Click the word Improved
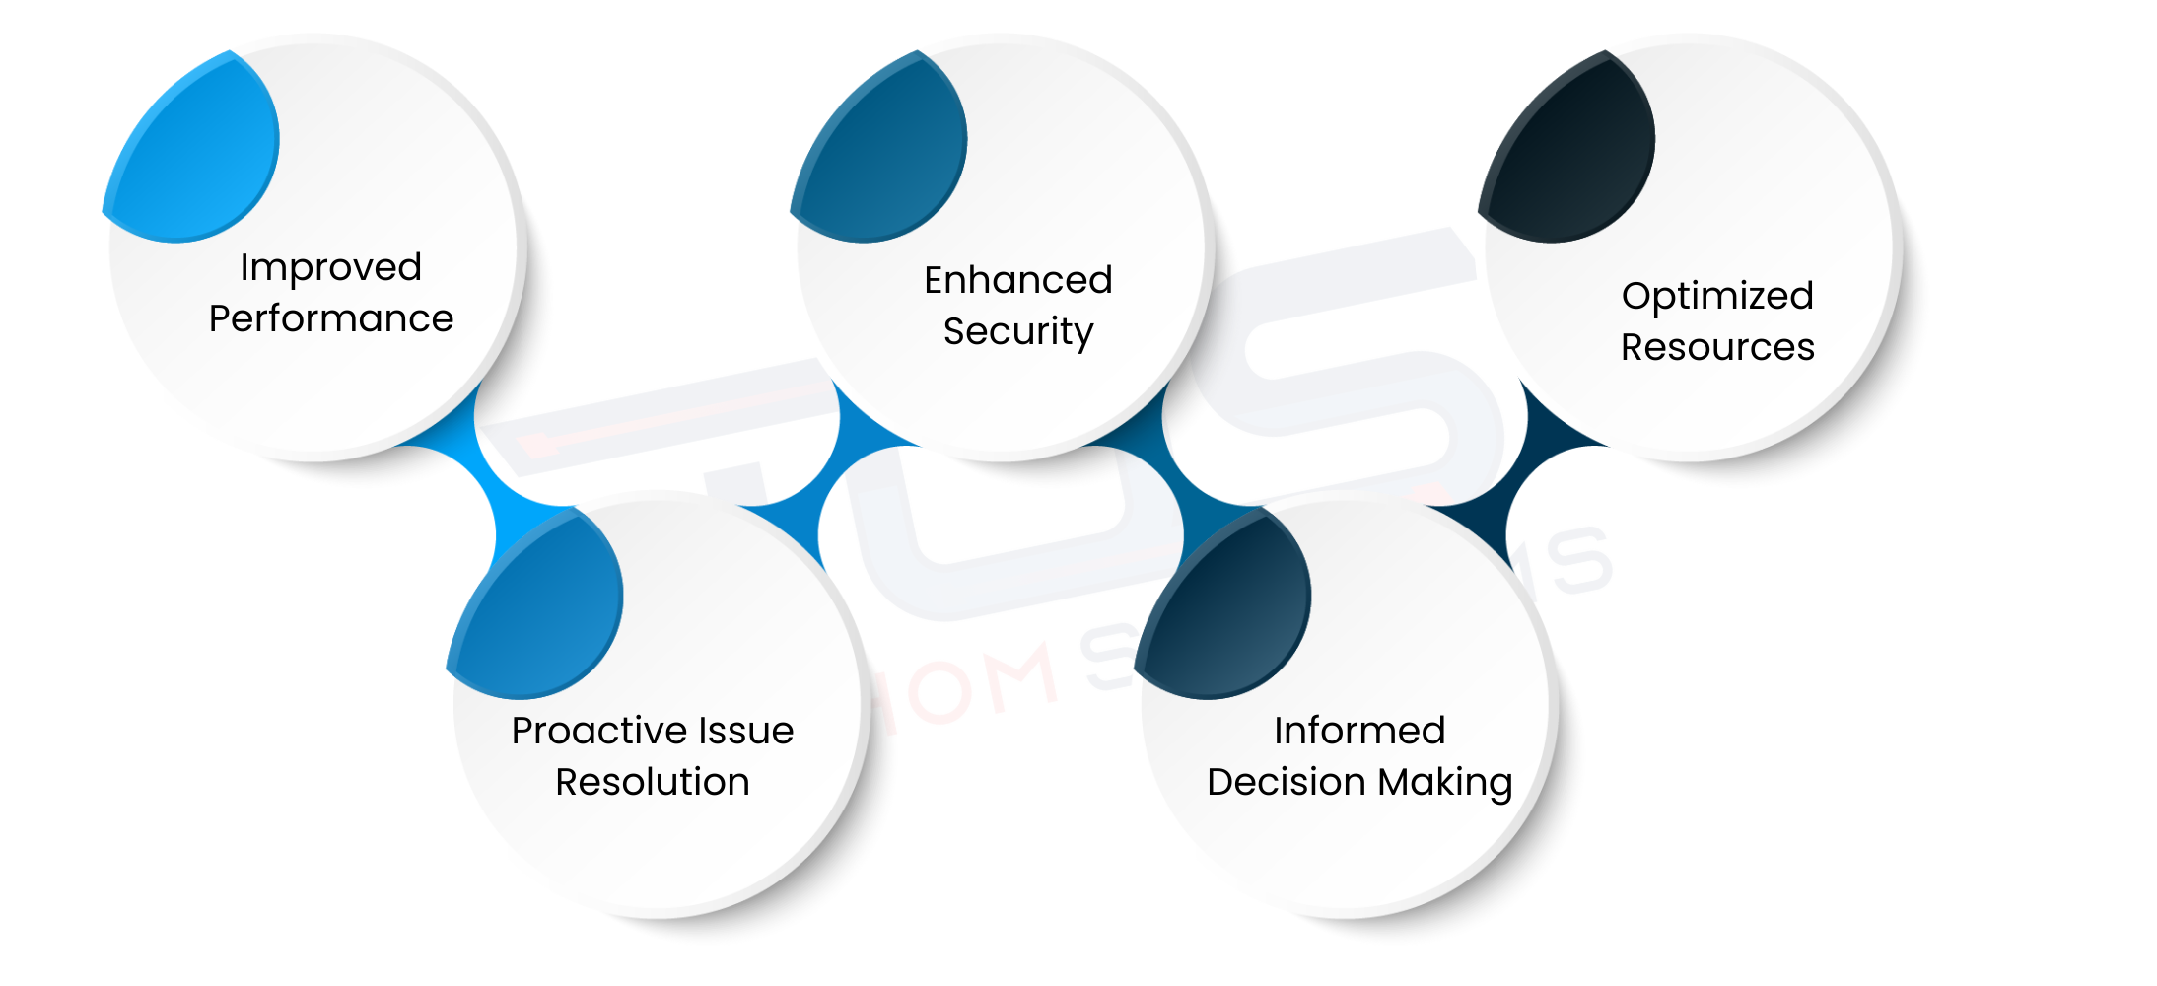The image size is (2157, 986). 330,268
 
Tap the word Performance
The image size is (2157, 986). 330,319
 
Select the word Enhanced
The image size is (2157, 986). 1017,280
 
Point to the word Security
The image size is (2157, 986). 1017,332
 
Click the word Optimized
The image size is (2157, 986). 1716,296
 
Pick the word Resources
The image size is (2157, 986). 1716,347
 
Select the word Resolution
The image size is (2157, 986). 652,782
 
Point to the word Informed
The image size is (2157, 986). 1358,731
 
